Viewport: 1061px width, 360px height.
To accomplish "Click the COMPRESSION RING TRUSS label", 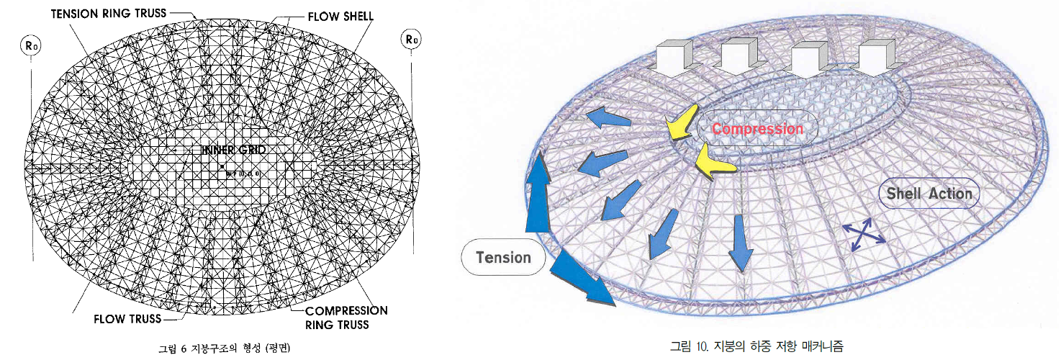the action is [x=346, y=318].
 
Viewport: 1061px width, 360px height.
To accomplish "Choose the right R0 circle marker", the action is [x=412, y=40].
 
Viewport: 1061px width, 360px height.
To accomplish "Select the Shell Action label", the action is [x=929, y=193].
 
